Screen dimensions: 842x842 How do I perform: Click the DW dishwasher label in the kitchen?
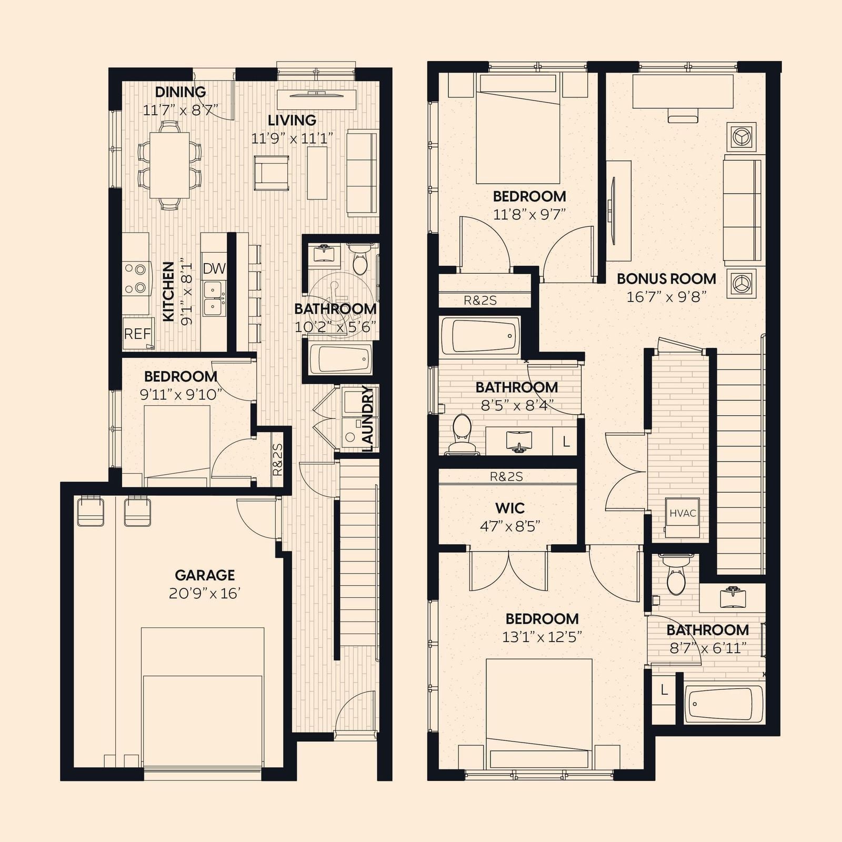pos(214,268)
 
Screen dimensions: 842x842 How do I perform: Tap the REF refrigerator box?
pos(137,334)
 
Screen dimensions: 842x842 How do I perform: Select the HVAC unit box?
pos(683,513)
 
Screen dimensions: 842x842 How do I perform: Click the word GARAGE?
pos(205,575)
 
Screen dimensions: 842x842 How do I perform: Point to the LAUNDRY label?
pos(367,418)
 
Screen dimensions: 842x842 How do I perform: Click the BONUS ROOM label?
pos(666,278)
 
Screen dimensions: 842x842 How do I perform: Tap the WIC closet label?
pos(510,508)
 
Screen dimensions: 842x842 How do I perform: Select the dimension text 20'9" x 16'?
pos(205,594)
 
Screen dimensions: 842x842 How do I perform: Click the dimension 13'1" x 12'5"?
pos(542,637)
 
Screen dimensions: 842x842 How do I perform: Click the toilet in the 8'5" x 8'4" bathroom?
pos(463,434)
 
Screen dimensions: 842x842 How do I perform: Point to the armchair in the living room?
pos(272,173)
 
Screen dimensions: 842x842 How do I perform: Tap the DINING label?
pos(181,92)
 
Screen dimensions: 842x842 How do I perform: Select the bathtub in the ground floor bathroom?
pos(340,359)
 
